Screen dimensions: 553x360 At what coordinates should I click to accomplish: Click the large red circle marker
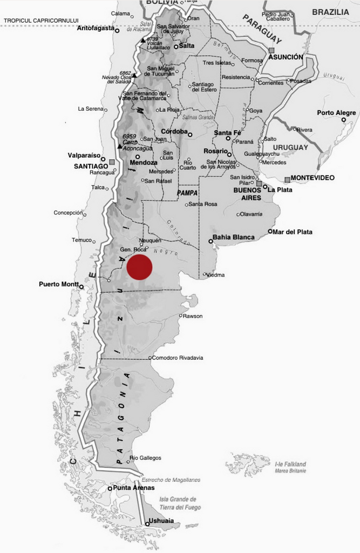pos(139,267)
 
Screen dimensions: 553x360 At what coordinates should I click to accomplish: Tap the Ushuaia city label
pos(164,521)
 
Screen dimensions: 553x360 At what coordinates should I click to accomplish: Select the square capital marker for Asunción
pos(271,50)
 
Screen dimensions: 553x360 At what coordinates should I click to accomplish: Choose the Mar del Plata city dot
pos(270,231)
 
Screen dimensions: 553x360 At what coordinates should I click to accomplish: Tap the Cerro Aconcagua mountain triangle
pos(119,146)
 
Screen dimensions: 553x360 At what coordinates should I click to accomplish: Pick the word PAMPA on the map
pos(187,192)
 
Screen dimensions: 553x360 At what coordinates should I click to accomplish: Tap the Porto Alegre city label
pos(336,113)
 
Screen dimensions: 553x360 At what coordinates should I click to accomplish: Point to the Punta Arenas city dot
pos(110,489)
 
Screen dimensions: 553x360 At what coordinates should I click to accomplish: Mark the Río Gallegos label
pos(146,458)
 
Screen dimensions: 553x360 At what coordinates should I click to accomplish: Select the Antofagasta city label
pos(96,28)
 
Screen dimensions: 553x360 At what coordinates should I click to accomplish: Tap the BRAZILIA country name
pos(330,11)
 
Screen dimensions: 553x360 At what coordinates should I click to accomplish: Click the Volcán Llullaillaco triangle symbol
pos(142,41)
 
